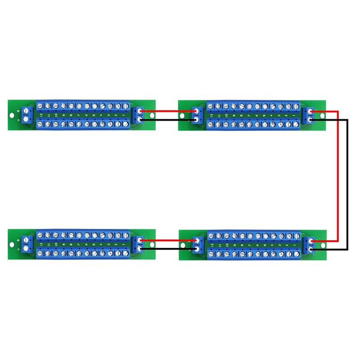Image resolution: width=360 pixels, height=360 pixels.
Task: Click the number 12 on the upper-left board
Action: [41, 116]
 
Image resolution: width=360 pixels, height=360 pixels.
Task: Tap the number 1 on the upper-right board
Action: [294, 116]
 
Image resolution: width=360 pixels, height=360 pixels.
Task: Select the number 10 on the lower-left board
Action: [55, 244]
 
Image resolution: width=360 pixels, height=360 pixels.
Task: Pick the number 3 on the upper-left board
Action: [109, 116]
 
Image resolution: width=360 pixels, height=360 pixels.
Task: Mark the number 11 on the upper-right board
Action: [219, 116]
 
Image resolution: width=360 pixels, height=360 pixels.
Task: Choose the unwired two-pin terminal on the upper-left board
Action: [26, 115]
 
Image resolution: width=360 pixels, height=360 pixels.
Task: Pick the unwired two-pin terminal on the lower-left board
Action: [26, 244]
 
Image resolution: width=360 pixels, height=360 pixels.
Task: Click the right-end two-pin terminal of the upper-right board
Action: [310, 115]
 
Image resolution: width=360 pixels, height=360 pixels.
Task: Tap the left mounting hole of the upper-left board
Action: [12, 116]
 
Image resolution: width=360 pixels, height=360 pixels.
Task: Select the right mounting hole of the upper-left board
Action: [151, 116]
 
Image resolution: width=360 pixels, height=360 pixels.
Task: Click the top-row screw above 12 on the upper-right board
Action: [211, 106]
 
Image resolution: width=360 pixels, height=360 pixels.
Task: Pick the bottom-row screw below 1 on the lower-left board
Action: [125, 253]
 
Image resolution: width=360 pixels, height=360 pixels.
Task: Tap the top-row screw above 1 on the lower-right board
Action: [296, 236]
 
